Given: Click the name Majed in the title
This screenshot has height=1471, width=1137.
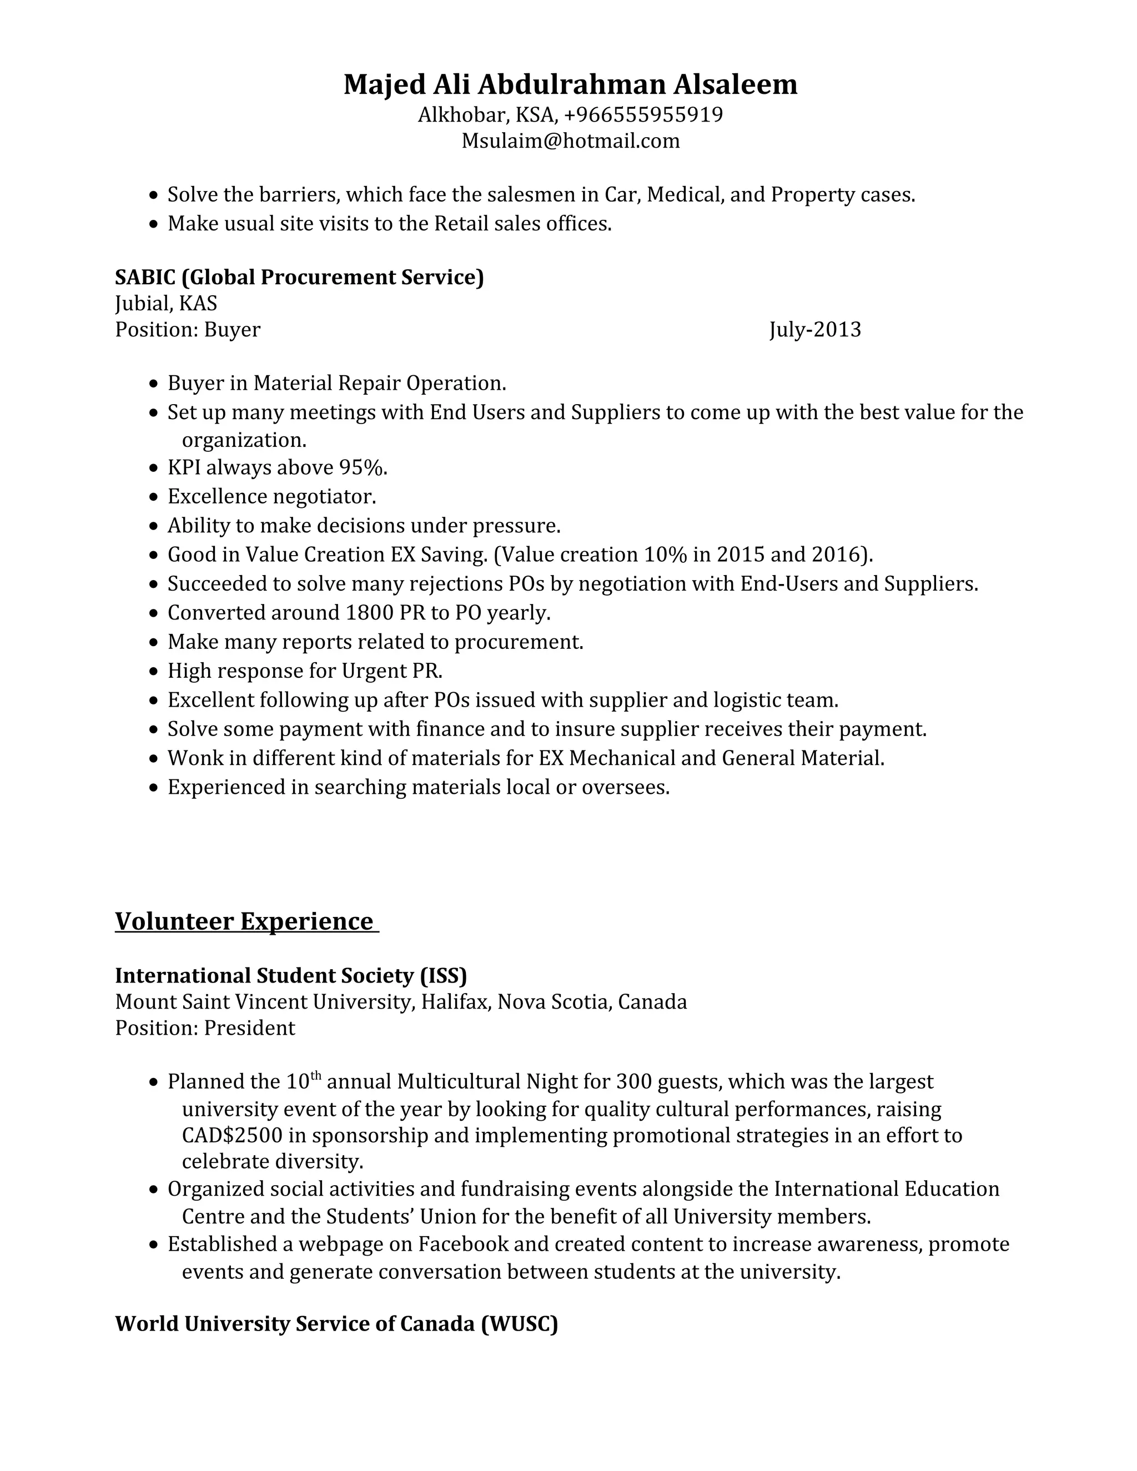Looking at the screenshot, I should pyautogui.click(x=385, y=85).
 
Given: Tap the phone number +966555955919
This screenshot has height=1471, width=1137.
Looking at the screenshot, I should pyautogui.click(x=643, y=115).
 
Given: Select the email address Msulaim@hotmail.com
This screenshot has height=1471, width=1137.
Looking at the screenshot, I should pyautogui.click(x=571, y=141).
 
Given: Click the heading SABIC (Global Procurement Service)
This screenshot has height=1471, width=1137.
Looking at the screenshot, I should pyautogui.click(x=299, y=277).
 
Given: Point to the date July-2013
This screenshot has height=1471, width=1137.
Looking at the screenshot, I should pyautogui.click(x=815, y=329).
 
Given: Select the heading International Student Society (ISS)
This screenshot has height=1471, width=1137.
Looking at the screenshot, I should pyautogui.click(x=291, y=975).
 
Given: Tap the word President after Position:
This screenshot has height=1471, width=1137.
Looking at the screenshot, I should pyautogui.click(x=249, y=1028).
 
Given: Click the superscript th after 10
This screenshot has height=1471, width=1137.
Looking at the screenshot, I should pyautogui.click(x=315, y=1076).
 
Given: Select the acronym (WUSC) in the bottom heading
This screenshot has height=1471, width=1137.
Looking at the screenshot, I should pyautogui.click(x=519, y=1323).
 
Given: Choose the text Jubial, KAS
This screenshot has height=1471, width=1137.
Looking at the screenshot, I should pyautogui.click(x=165, y=303).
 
